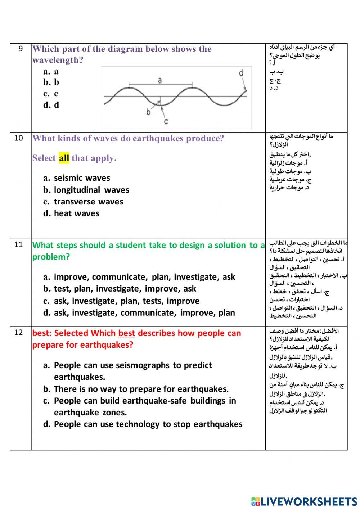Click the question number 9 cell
[21, 49]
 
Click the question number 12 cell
[19, 333]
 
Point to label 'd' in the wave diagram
[241, 73]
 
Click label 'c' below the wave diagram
[166, 121]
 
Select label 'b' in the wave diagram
[148, 112]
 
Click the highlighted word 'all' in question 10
[64, 158]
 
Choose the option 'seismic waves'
[82, 178]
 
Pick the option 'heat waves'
[76, 213]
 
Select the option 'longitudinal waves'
[91, 190]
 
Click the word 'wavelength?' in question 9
[58, 60]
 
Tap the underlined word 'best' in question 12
[127, 333]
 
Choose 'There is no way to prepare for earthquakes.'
[141, 389]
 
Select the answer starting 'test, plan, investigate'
[125, 289]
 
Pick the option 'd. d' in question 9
[51, 105]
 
